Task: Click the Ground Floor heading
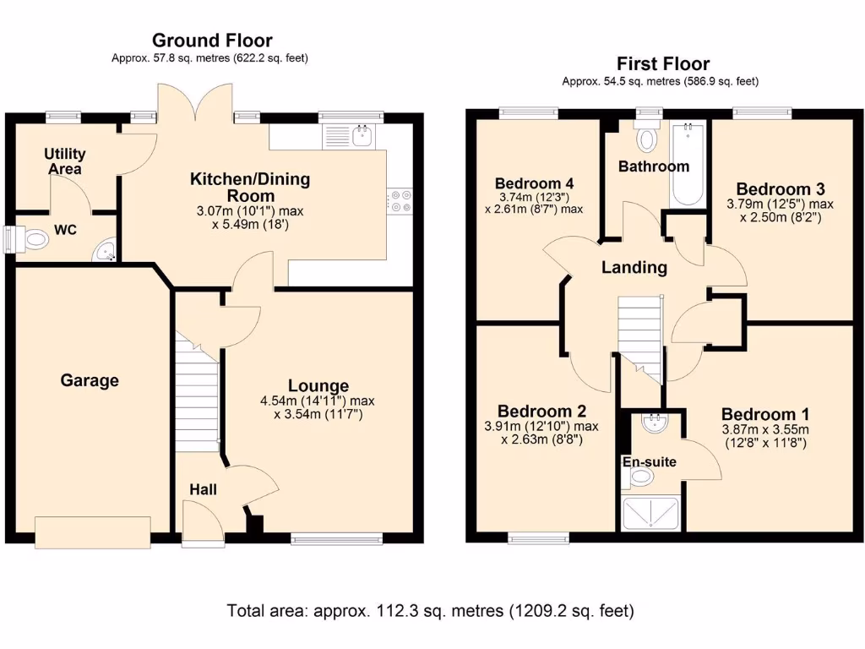(x=212, y=40)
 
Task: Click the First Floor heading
(x=662, y=63)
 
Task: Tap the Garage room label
(x=90, y=381)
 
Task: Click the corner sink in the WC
(x=105, y=250)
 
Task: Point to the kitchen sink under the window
(x=363, y=134)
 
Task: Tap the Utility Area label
(x=65, y=161)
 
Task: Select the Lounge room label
(x=318, y=386)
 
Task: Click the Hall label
(x=203, y=489)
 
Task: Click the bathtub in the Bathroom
(x=688, y=165)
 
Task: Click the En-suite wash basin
(x=653, y=422)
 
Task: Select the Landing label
(x=634, y=268)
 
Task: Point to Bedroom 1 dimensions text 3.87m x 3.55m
(x=764, y=430)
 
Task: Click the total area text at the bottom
(x=430, y=610)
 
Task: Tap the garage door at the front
(x=94, y=532)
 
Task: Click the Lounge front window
(x=335, y=537)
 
